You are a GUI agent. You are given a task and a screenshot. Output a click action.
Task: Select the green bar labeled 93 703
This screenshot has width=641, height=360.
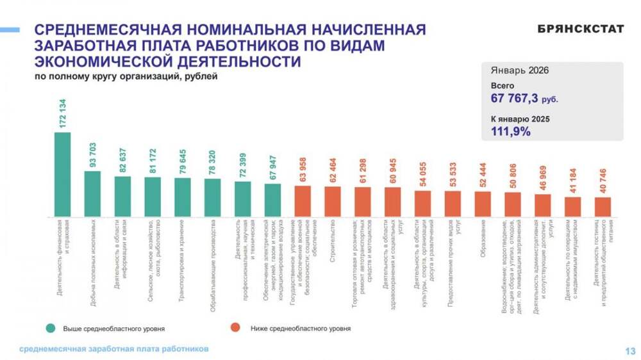coord(92,193)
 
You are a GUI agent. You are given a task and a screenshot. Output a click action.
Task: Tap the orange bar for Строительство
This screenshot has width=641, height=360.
coord(333,201)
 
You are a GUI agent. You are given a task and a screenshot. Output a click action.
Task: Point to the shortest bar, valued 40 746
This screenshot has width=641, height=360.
coord(603,207)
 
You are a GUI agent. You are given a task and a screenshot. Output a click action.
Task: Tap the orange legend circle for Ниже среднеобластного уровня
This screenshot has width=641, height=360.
coord(236,328)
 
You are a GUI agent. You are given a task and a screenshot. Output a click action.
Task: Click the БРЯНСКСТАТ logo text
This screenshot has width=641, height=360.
coord(581,29)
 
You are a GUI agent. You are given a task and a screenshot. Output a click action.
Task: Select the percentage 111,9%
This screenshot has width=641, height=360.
coord(511,131)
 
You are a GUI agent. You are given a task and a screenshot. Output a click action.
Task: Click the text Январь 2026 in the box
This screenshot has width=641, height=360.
coord(520,70)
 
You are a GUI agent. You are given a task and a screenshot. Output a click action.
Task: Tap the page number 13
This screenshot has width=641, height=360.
coord(629,350)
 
